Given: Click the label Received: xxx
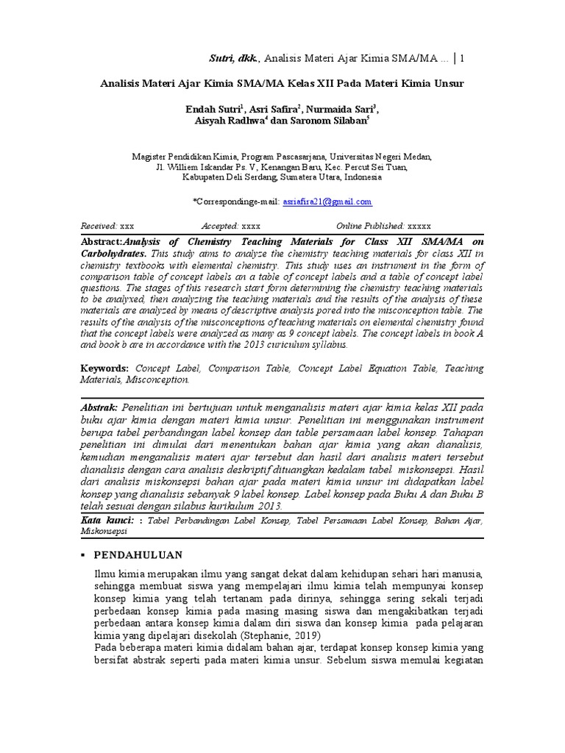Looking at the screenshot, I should (x=107, y=226).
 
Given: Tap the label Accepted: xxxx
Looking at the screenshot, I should (x=230, y=226).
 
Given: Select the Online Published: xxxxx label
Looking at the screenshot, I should (x=383, y=226).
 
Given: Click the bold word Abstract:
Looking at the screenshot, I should (x=101, y=241).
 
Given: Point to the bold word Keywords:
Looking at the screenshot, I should (x=104, y=368).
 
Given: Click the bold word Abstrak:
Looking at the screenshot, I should (x=99, y=407).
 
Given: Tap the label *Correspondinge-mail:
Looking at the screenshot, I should (x=235, y=201).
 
